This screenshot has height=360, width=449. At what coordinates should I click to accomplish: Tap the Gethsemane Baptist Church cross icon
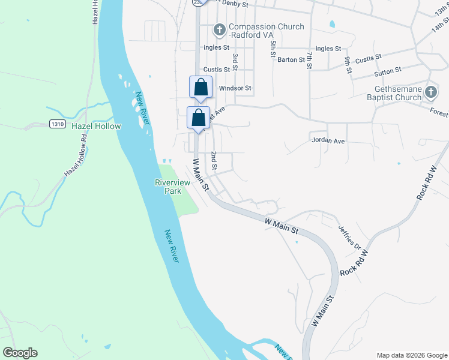point(430,92)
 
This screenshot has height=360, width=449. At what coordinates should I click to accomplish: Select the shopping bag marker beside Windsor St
point(200,87)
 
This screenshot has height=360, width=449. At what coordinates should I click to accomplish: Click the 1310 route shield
point(58,124)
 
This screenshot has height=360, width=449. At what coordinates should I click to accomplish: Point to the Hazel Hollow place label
point(96,127)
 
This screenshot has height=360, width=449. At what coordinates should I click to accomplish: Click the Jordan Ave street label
point(328,141)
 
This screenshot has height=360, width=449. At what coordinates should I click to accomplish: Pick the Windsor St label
point(234,88)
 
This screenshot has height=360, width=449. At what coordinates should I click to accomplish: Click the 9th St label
point(348,65)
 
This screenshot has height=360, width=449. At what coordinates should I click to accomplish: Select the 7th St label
point(309,61)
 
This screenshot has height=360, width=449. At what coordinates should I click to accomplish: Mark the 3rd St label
point(235,61)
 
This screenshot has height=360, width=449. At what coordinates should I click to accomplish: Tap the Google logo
point(20,353)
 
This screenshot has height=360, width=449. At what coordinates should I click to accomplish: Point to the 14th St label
point(440,26)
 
